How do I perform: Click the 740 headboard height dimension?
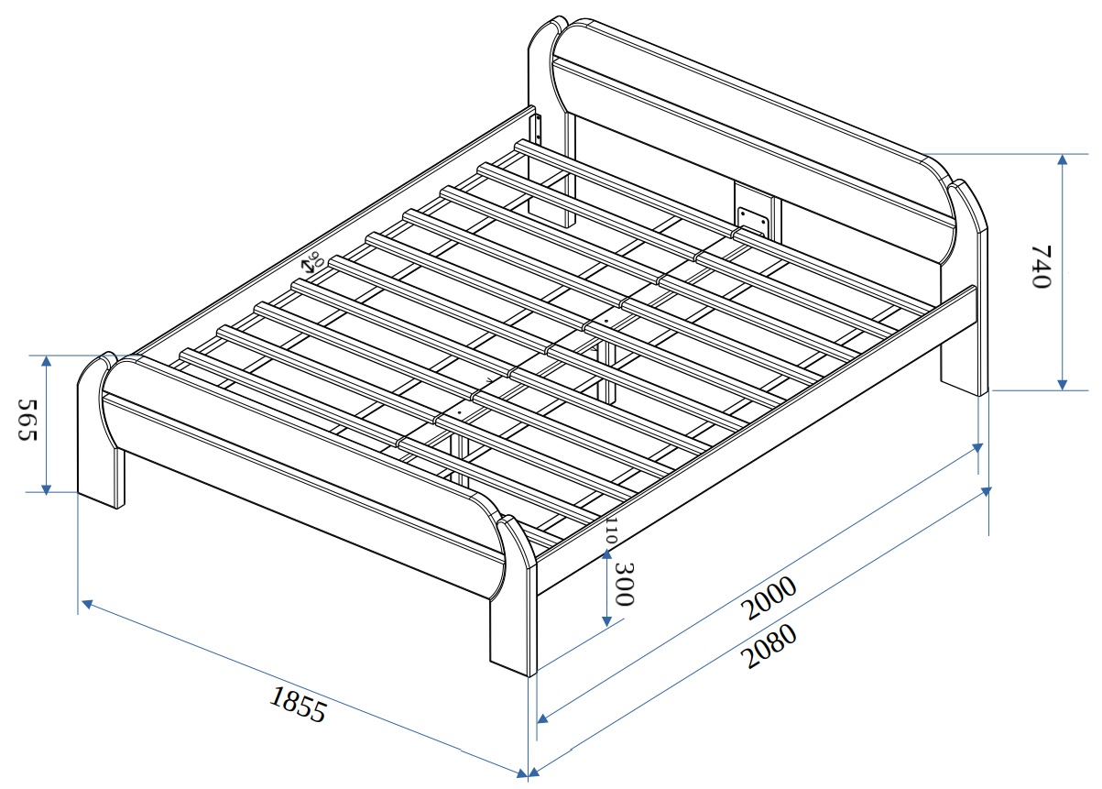coord(1041,267)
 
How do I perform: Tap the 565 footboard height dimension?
coord(27,420)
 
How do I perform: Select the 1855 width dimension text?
coord(298,705)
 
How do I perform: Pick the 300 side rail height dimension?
coord(625,584)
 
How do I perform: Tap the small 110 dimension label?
coord(611,530)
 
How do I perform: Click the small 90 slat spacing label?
coord(316,258)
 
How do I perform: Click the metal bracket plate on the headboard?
coord(752,221)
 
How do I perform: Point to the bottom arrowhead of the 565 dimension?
coord(46,489)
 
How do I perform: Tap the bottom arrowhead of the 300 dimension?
coord(606,621)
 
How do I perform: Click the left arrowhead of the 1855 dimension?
coord(87,604)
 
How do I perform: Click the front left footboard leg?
coord(100,433)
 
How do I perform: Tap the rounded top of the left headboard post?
coord(547,35)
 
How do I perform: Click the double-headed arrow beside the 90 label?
coord(309,267)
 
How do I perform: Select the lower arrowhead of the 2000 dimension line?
coord(542,719)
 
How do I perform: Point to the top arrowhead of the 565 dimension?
coord(46,362)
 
